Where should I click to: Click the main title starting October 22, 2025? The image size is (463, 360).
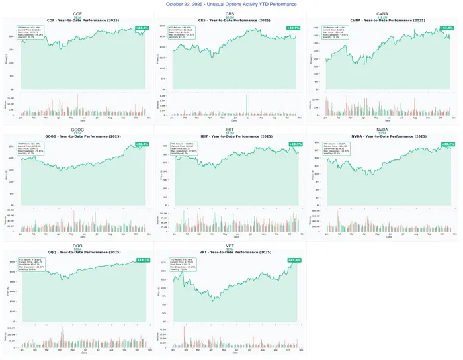click(232, 4)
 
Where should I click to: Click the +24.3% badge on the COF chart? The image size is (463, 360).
click(142, 28)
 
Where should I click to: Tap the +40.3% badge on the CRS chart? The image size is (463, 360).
click(293, 28)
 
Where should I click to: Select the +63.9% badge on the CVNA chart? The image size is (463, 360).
click(446, 28)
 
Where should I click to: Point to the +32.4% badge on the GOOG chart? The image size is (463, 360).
click(142, 144)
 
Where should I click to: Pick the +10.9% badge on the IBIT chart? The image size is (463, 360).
click(295, 144)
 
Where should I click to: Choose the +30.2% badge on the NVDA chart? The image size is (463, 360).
click(447, 144)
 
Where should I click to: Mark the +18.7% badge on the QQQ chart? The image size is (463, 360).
click(142, 260)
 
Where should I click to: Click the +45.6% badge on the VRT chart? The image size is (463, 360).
click(295, 260)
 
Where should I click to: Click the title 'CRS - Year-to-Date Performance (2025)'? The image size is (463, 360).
click(229, 21)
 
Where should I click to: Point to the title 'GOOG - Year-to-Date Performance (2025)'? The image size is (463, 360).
click(77, 136)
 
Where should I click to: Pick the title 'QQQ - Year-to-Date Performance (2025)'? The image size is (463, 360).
click(77, 253)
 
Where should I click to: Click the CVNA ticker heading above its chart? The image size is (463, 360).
click(382, 13)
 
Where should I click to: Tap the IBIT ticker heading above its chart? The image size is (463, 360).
click(230, 129)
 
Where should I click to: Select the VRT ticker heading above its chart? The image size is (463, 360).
click(230, 245)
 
